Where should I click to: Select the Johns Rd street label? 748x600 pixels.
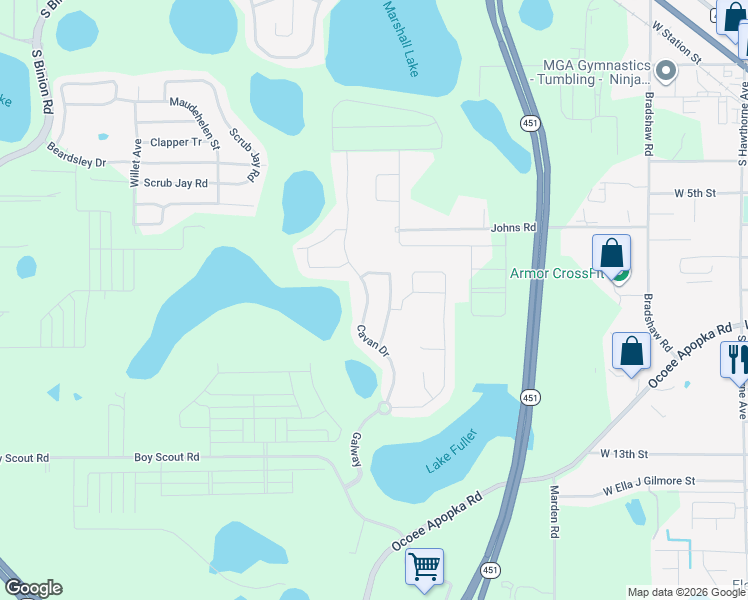(513, 228)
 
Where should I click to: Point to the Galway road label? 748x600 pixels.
(355, 449)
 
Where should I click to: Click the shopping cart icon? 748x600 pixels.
(424, 568)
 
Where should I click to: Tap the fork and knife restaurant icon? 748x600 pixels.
(735, 359)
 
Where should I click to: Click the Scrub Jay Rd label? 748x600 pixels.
(174, 184)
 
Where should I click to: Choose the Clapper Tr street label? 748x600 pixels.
(176, 143)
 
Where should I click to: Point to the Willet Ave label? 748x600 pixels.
(136, 163)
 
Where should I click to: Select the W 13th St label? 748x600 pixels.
(625, 454)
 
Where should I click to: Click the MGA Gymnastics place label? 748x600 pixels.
(594, 72)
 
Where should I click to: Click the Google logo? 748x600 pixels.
(33, 589)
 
